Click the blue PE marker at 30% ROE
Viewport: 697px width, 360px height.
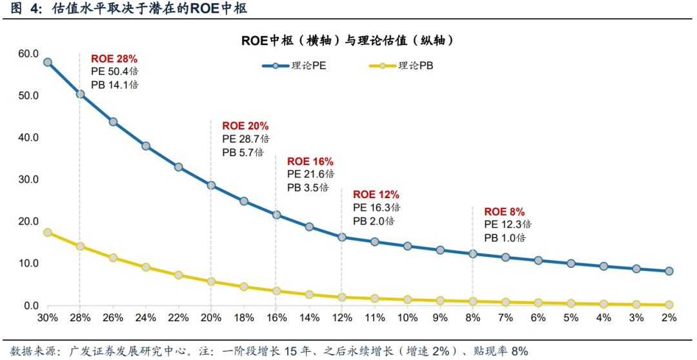tap(47, 62)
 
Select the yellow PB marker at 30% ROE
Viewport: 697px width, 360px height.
tap(47, 232)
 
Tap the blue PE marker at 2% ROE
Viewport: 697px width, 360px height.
tap(669, 271)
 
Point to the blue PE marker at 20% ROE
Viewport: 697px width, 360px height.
tap(211, 185)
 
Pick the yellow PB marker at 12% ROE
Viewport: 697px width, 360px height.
tap(342, 297)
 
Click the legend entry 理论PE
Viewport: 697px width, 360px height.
tap(294, 66)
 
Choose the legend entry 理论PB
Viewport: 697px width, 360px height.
tap(400, 66)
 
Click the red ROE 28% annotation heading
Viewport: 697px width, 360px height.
tap(114, 59)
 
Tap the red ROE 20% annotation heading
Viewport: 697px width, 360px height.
tap(245, 126)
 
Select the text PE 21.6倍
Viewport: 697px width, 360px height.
tap(310, 174)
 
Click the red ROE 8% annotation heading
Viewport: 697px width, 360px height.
tap(505, 212)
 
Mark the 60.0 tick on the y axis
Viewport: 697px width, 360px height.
tap(28, 54)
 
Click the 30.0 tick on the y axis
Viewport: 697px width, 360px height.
tap(28, 179)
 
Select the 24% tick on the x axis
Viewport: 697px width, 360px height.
tap(145, 318)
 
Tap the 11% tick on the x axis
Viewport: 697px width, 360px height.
tap(374, 318)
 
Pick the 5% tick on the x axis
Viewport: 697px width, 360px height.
tap(571, 318)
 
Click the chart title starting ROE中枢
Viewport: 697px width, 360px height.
tap(348, 40)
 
